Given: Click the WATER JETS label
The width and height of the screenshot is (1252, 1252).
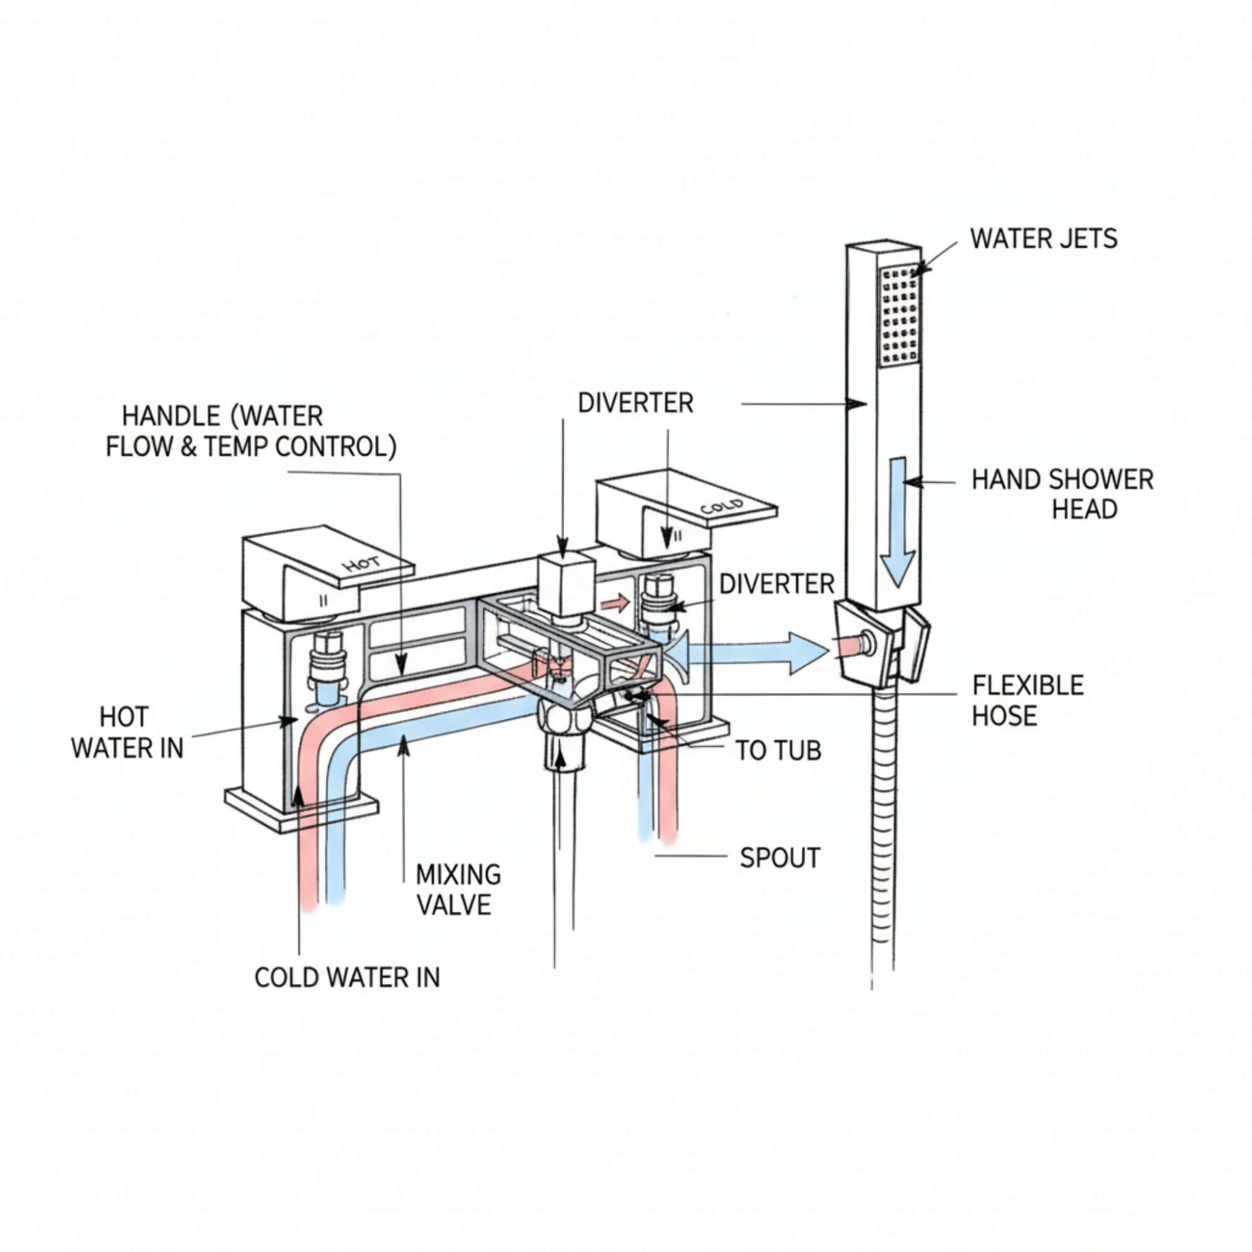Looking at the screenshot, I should click(x=1044, y=239).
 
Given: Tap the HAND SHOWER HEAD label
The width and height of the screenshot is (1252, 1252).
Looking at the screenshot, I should click(x=1063, y=495).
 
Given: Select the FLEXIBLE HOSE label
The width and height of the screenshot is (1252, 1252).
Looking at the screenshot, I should click(x=1027, y=700).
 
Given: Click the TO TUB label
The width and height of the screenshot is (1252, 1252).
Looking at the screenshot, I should click(x=777, y=751).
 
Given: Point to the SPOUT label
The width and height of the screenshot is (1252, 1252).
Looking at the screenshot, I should click(x=779, y=858).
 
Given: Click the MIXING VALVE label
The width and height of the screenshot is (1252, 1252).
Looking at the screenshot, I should click(x=458, y=890).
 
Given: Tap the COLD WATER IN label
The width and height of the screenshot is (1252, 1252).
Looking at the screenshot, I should click(x=347, y=977).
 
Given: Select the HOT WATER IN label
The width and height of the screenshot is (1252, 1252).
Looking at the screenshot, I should click(x=127, y=733).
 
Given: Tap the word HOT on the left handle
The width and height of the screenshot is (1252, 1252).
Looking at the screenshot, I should click(x=362, y=564).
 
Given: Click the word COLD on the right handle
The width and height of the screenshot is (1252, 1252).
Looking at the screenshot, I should click(x=721, y=506).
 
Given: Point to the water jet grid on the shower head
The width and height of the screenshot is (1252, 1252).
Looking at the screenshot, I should click(x=900, y=314).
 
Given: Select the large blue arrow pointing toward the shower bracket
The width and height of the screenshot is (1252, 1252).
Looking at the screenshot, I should click(x=758, y=653).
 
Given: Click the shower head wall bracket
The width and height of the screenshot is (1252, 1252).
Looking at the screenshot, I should click(x=881, y=645).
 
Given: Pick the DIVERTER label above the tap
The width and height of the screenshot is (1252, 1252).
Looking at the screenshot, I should click(x=635, y=403).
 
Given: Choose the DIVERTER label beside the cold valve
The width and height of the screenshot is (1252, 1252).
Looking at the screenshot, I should click(x=776, y=584).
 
